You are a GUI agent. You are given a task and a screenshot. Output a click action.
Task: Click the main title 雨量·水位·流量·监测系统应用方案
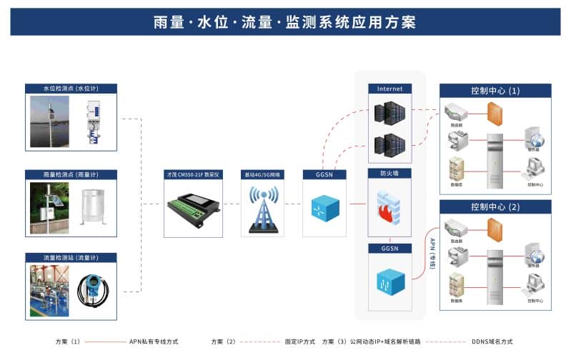[285, 21]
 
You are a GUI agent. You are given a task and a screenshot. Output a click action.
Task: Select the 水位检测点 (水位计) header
[71, 89]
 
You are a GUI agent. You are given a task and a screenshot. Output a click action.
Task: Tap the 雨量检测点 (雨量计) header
[71, 174]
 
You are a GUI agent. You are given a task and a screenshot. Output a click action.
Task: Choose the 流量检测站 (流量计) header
[71, 257]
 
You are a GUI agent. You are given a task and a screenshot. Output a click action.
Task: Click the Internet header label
[389, 89]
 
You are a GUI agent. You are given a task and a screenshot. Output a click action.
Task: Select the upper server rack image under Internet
[389, 113]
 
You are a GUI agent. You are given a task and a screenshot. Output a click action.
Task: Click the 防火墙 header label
[389, 174]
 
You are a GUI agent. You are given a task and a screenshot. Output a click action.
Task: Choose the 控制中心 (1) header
[495, 91]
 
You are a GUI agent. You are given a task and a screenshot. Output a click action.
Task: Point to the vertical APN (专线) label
[432, 254]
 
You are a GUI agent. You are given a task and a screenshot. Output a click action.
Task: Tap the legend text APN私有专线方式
[154, 341]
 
